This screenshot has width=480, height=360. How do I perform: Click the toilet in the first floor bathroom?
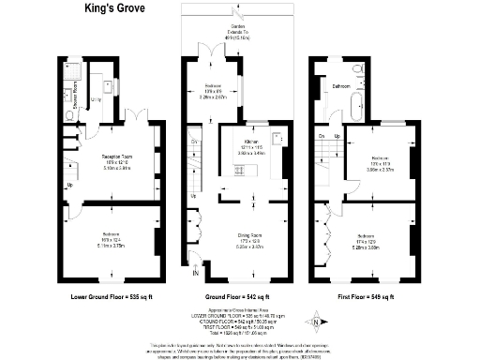tap(355, 68)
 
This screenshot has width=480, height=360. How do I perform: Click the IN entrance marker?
tap(194, 274)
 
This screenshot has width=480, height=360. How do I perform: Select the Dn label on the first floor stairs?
tap(322, 138)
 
